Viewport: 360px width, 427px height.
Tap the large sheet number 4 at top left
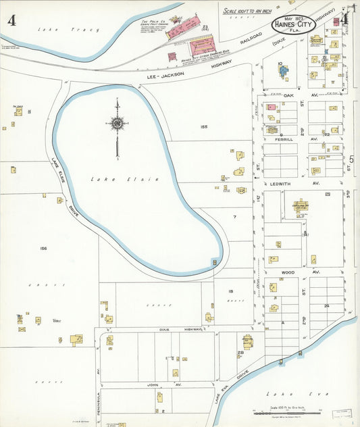(x=11, y=20)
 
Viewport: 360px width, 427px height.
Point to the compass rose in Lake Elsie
(x=118, y=124)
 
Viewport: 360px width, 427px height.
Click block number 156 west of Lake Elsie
(x=43, y=249)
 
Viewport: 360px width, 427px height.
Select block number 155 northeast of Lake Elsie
(x=203, y=126)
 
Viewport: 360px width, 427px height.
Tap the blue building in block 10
(x=283, y=70)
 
